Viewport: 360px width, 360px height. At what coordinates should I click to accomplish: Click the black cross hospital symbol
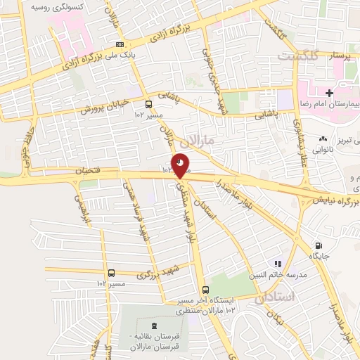click(329, 93)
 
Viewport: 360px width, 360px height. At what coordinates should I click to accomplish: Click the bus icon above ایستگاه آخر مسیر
click(205, 290)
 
